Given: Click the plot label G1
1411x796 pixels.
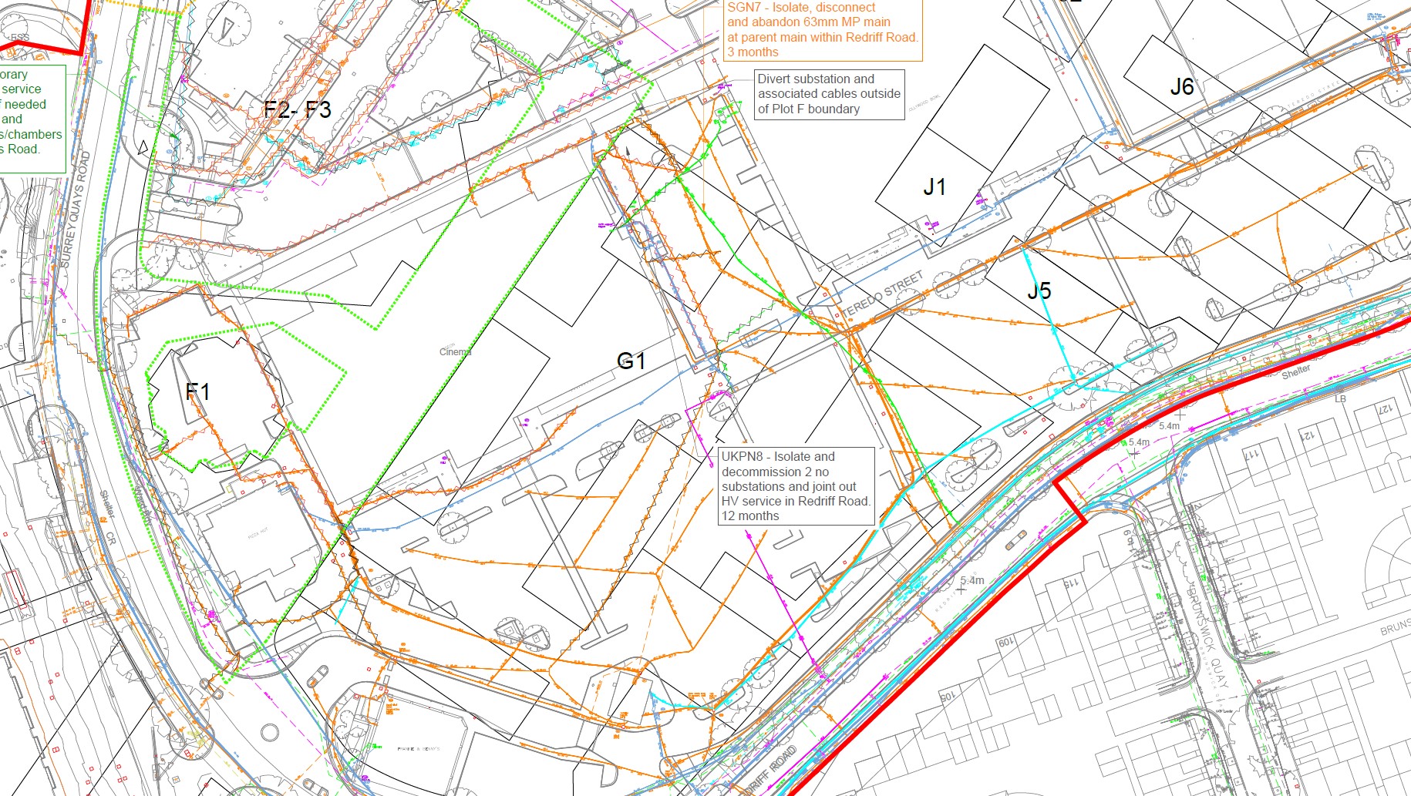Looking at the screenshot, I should coord(631,361).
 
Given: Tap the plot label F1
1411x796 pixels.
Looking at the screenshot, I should coord(197,391).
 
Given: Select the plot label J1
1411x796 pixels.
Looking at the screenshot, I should coord(934,186).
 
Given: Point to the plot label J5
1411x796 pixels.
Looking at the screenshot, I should coord(1039,291).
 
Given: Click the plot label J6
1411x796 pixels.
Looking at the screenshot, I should coord(1182,87).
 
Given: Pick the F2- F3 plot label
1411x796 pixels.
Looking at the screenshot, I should coord(298,109).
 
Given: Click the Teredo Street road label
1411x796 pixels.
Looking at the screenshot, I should coord(884,294).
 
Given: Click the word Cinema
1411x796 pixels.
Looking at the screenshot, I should coord(455,352).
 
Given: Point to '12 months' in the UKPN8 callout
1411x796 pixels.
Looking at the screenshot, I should coord(750,516).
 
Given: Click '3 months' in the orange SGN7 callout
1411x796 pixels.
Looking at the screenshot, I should coord(753,52).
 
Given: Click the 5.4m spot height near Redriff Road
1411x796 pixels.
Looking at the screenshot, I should coord(972,580).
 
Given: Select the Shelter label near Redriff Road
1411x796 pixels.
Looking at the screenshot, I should coord(1296,371).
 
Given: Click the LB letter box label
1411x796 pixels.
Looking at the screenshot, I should coord(1340,399).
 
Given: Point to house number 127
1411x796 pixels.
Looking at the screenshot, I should coord(1385,408).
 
